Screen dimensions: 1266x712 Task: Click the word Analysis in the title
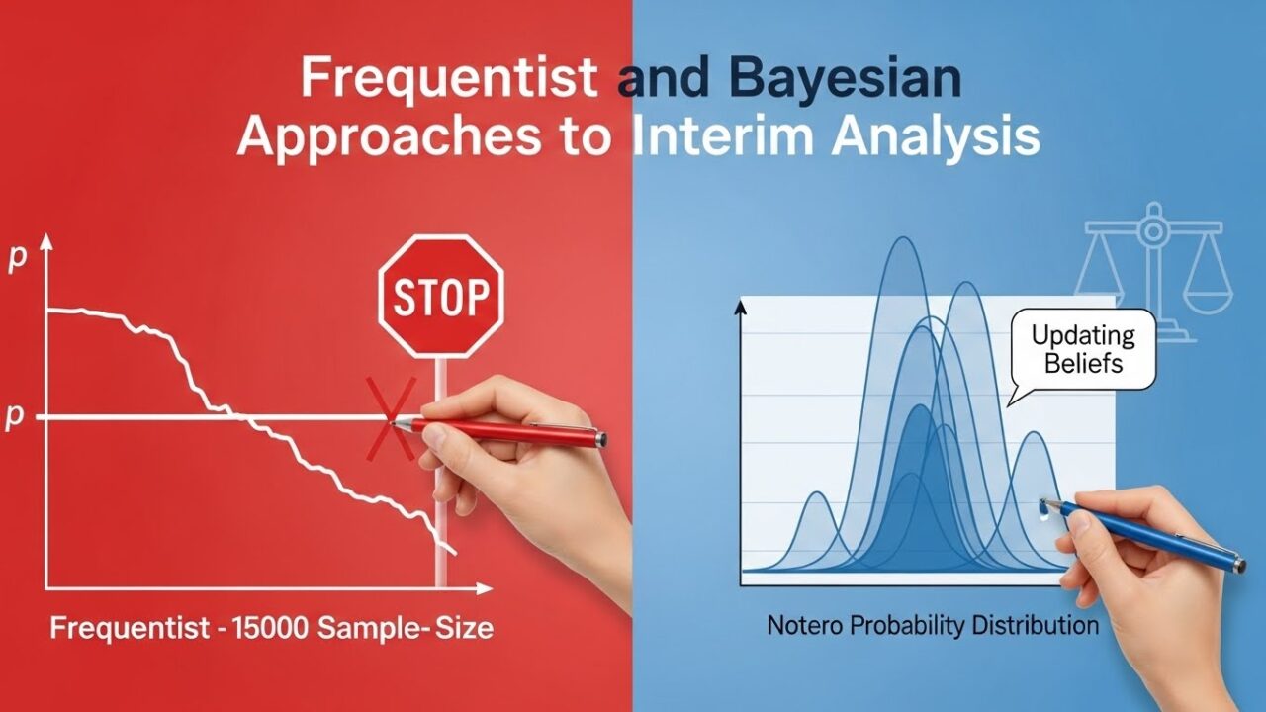click(936, 138)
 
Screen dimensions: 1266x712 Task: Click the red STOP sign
click(441, 297)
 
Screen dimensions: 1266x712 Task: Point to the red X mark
click(391, 418)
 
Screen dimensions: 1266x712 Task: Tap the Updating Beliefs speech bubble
click(1083, 350)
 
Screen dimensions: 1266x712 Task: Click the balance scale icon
click(1153, 271)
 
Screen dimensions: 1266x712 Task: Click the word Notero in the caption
click(805, 626)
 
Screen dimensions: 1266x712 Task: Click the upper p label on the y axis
click(18, 259)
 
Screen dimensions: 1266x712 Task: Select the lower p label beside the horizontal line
click(14, 417)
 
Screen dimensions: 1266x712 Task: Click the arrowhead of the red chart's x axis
click(485, 588)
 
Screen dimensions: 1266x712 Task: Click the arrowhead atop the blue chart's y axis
click(741, 308)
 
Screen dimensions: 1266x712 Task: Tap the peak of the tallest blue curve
click(904, 237)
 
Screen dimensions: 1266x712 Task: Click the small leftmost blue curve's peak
click(817, 492)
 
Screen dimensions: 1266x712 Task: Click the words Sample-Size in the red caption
click(406, 628)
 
